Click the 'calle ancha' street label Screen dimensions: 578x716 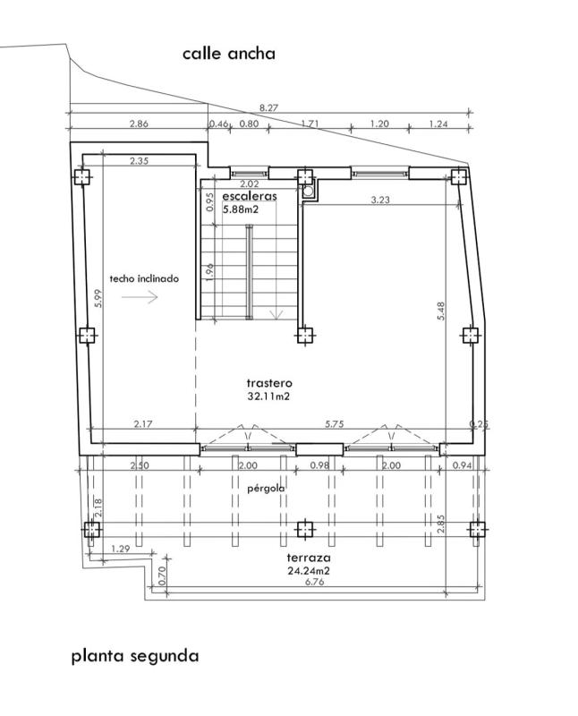(x=229, y=54)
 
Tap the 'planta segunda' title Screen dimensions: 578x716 (x=135, y=657)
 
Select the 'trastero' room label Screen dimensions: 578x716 (x=269, y=383)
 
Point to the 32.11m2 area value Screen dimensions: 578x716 (x=268, y=396)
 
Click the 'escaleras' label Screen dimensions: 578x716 (x=250, y=196)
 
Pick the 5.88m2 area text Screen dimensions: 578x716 (x=241, y=209)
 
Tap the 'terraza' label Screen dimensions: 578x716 (x=309, y=558)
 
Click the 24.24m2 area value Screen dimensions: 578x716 (x=309, y=571)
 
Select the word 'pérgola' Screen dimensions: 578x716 (x=266, y=489)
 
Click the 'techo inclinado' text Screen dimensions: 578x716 (x=144, y=278)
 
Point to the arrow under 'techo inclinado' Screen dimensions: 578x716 (x=140, y=297)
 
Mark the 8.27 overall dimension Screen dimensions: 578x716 (x=269, y=107)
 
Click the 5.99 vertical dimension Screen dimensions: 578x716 (x=98, y=299)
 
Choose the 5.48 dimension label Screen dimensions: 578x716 (x=441, y=311)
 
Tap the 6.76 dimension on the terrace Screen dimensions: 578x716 (x=315, y=583)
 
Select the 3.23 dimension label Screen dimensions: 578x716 (x=380, y=200)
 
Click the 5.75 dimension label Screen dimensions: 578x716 (x=335, y=424)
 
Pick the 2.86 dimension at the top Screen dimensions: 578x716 (x=139, y=124)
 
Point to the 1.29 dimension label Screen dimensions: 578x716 (x=121, y=549)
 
